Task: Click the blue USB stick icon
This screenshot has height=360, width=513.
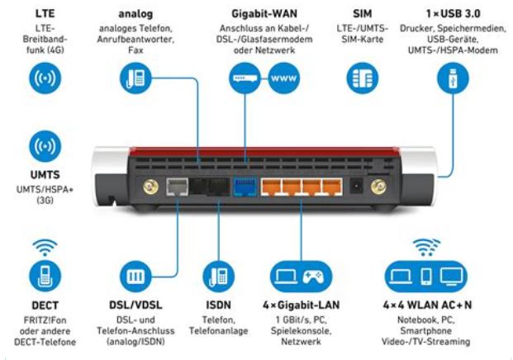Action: (x=452, y=79)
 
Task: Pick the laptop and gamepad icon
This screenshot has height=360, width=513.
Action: (x=302, y=275)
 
